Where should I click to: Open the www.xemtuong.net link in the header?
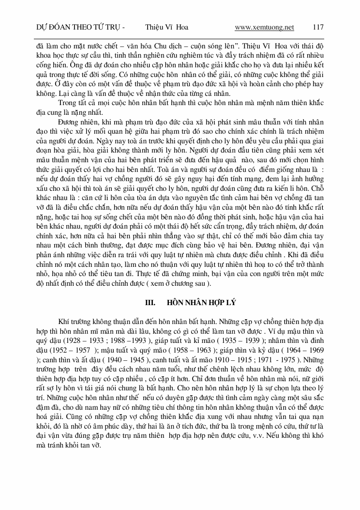click(264, 27)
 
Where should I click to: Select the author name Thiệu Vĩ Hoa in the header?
click(166, 27)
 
